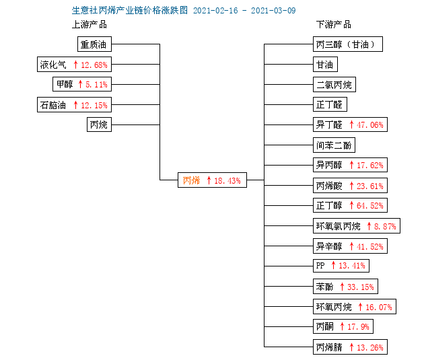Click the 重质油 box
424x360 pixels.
coord(94,44)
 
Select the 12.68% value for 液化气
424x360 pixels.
coord(94,65)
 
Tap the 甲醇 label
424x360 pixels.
coord(65,84)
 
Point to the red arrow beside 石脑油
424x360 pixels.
coord(75,105)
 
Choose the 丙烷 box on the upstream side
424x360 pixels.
coord(99,124)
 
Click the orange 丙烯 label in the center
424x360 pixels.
coord(191,180)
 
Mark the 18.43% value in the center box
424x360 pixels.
coord(227,180)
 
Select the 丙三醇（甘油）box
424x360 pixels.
coord(348,44)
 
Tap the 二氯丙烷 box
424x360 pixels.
coord(334,85)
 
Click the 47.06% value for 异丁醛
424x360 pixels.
coord(370,125)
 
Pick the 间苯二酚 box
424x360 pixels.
coord(334,145)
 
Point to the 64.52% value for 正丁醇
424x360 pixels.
coord(370,206)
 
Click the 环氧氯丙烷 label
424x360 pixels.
coord(339,226)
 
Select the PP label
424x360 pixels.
coord(320,266)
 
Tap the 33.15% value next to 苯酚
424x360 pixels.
coord(361,287)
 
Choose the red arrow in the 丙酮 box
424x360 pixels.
coord(342,326)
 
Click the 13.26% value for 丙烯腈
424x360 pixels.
coord(370,347)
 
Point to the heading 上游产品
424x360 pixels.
coord(90,25)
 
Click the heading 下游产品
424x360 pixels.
coord(334,25)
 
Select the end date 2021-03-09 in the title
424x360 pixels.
coord(273,11)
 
